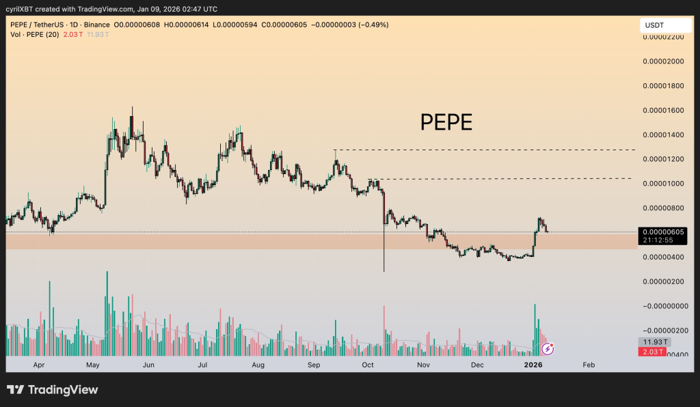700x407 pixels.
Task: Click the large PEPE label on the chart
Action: point(446,122)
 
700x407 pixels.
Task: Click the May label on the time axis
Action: point(94,365)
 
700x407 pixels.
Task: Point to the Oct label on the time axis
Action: point(368,365)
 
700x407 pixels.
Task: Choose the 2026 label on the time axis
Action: point(533,365)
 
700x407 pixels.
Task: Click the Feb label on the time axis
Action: point(588,365)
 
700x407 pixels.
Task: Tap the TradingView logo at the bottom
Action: point(53,390)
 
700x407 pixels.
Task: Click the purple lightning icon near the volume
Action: point(548,349)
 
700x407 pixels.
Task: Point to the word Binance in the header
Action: point(98,25)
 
